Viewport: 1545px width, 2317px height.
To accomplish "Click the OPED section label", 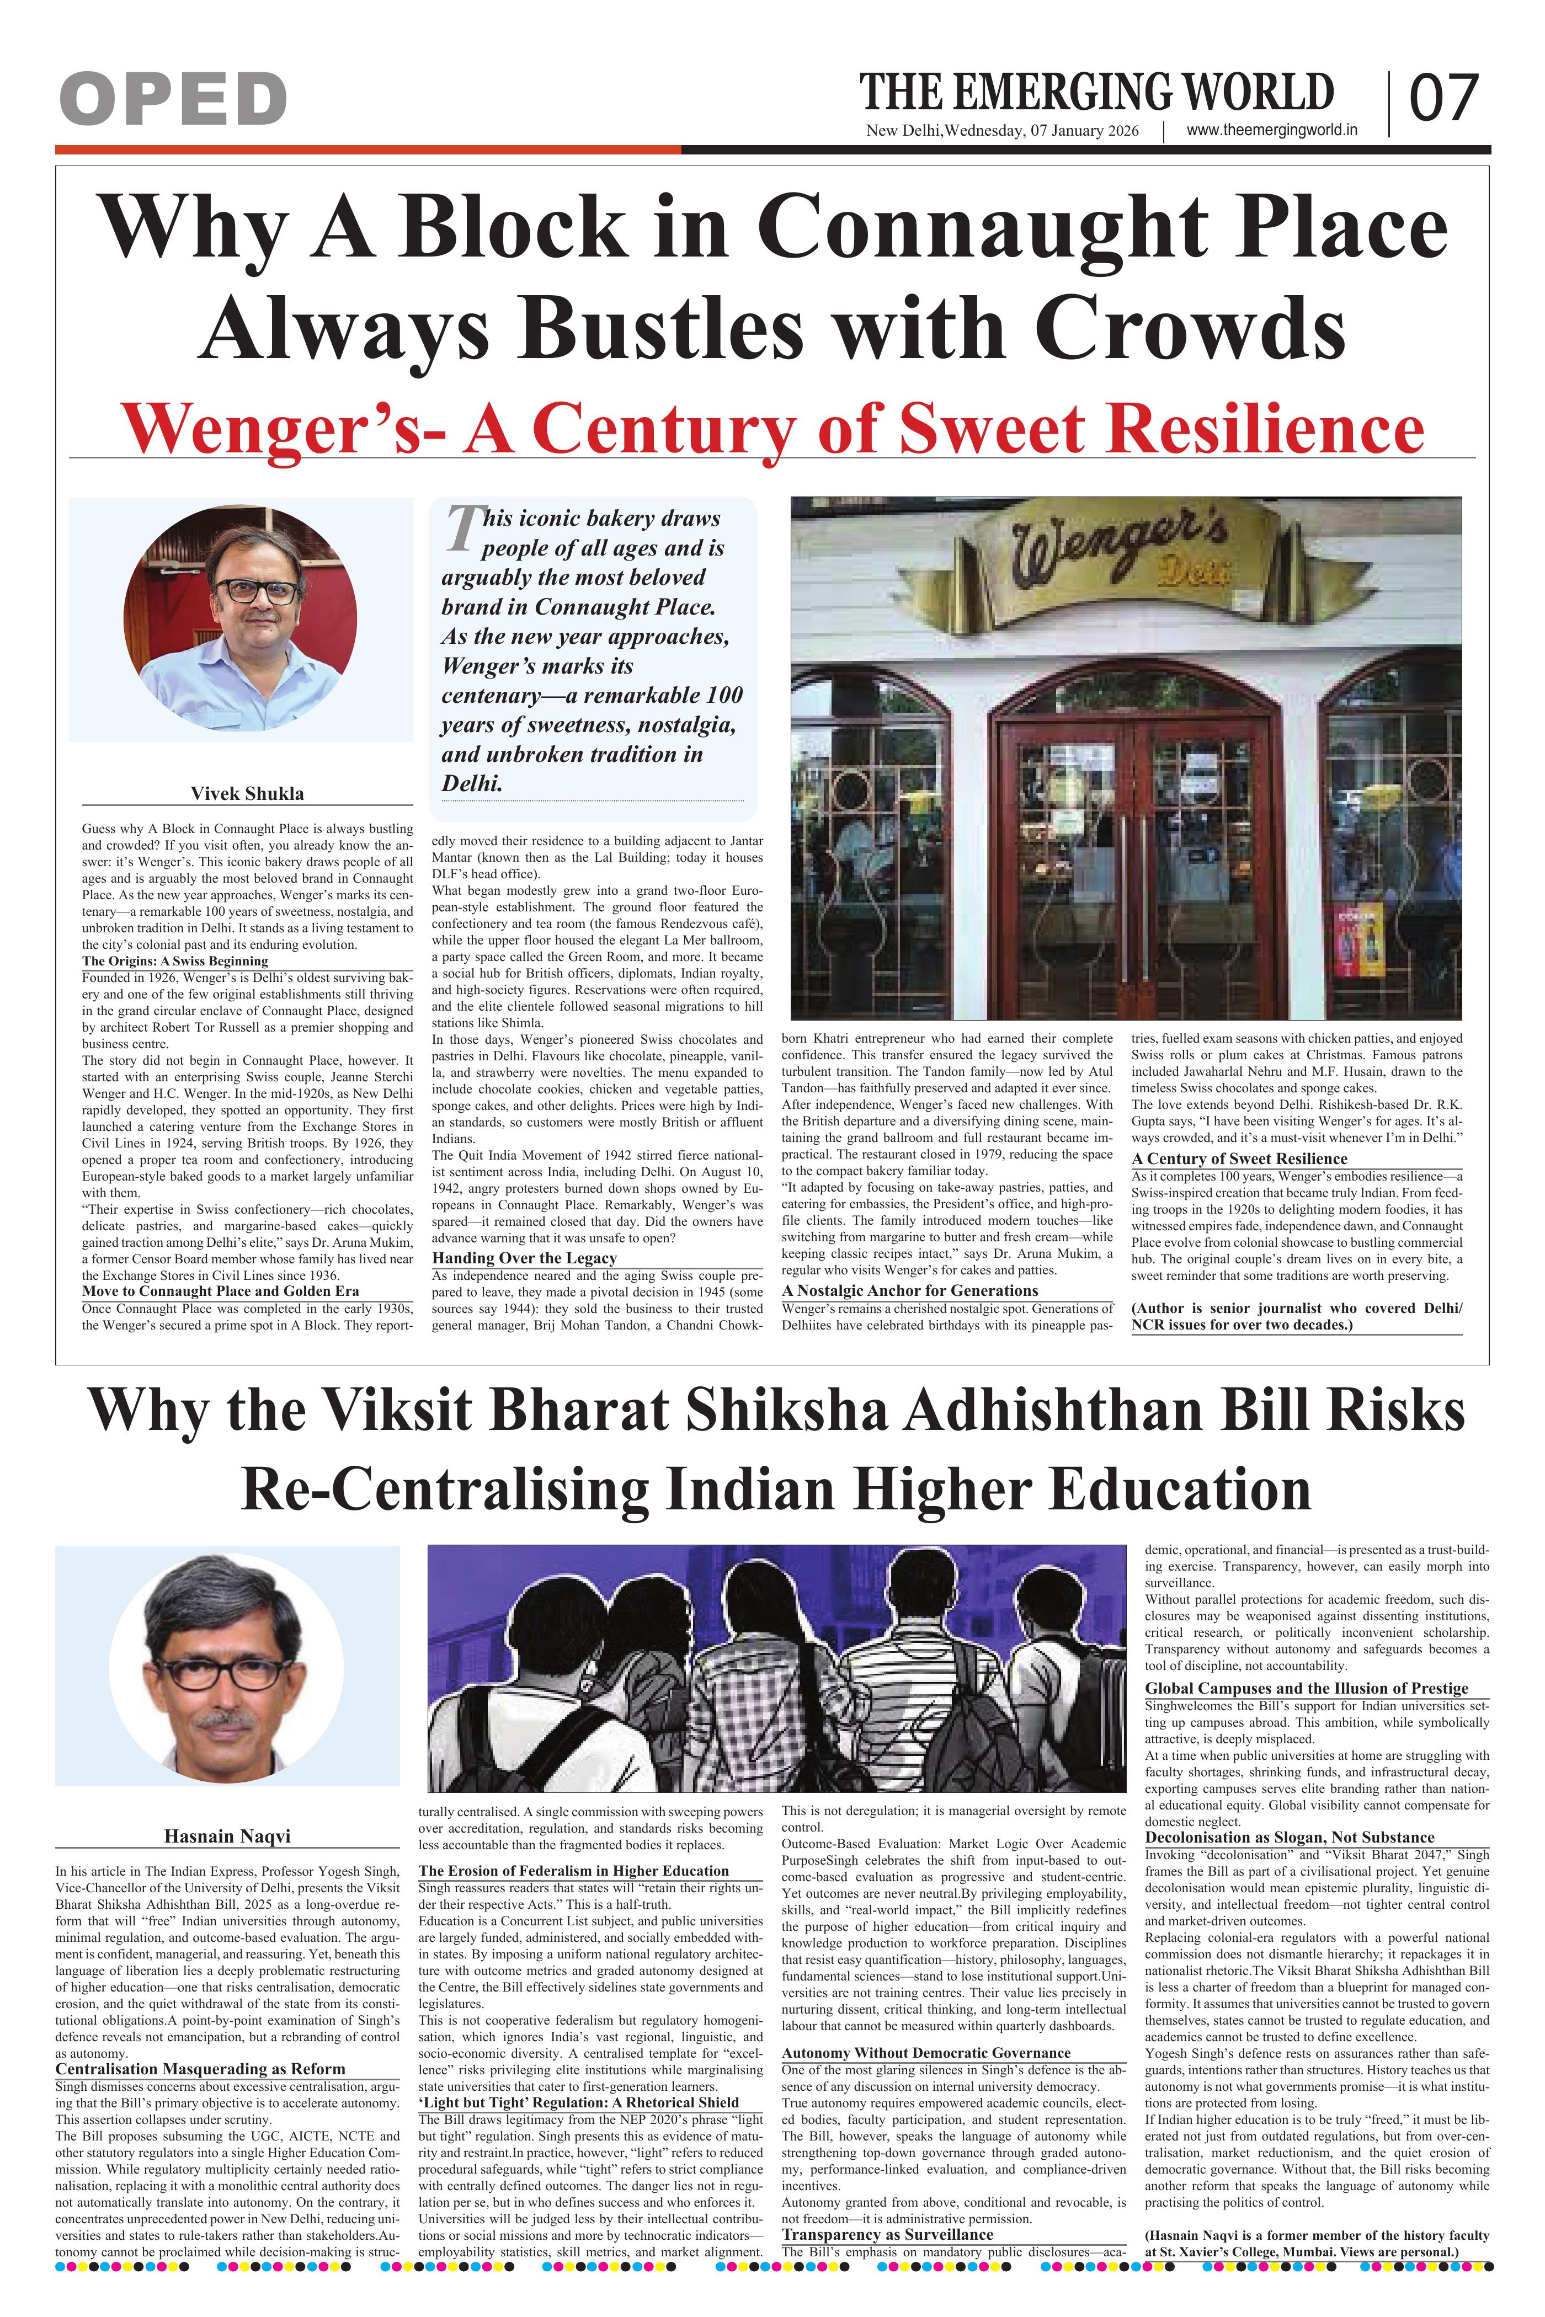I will click(x=173, y=99).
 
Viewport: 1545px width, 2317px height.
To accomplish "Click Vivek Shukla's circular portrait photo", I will click(x=241, y=618).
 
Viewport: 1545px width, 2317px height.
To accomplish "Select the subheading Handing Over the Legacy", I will click(x=524, y=1258).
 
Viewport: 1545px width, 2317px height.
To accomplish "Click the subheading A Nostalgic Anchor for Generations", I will click(x=909, y=1290).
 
